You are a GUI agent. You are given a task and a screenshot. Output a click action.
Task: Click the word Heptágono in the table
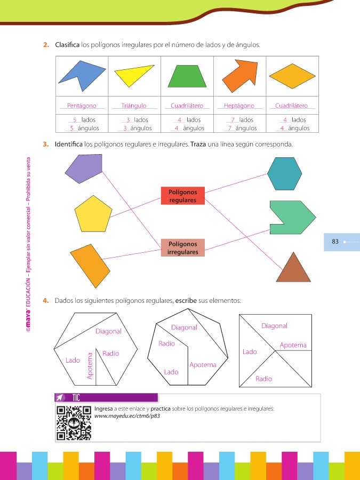pyautogui.click(x=239, y=106)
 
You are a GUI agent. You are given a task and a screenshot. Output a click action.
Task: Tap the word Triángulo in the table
pyautogui.click(x=134, y=106)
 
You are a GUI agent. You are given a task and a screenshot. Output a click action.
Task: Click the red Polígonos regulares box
pyautogui.click(x=182, y=196)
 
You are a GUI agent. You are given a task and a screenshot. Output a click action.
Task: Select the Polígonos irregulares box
pyautogui.click(x=182, y=248)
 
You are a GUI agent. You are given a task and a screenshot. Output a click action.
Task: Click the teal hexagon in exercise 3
pyautogui.click(x=284, y=173)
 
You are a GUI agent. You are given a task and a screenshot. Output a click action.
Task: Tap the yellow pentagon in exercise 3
pyautogui.click(x=93, y=212)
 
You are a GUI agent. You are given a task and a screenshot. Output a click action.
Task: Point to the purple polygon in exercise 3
pyautogui.click(x=83, y=168)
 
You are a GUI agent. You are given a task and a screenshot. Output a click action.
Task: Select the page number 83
pyautogui.click(x=335, y=242)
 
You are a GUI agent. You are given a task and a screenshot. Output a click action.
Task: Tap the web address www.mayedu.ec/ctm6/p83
pyautogui.click(x=127, y=416)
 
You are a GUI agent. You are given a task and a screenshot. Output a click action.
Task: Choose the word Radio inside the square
pyautogui.click(x=263, y=379)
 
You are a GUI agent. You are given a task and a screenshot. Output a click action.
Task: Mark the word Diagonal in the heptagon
pyautogui.click(x=184, y=327)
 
